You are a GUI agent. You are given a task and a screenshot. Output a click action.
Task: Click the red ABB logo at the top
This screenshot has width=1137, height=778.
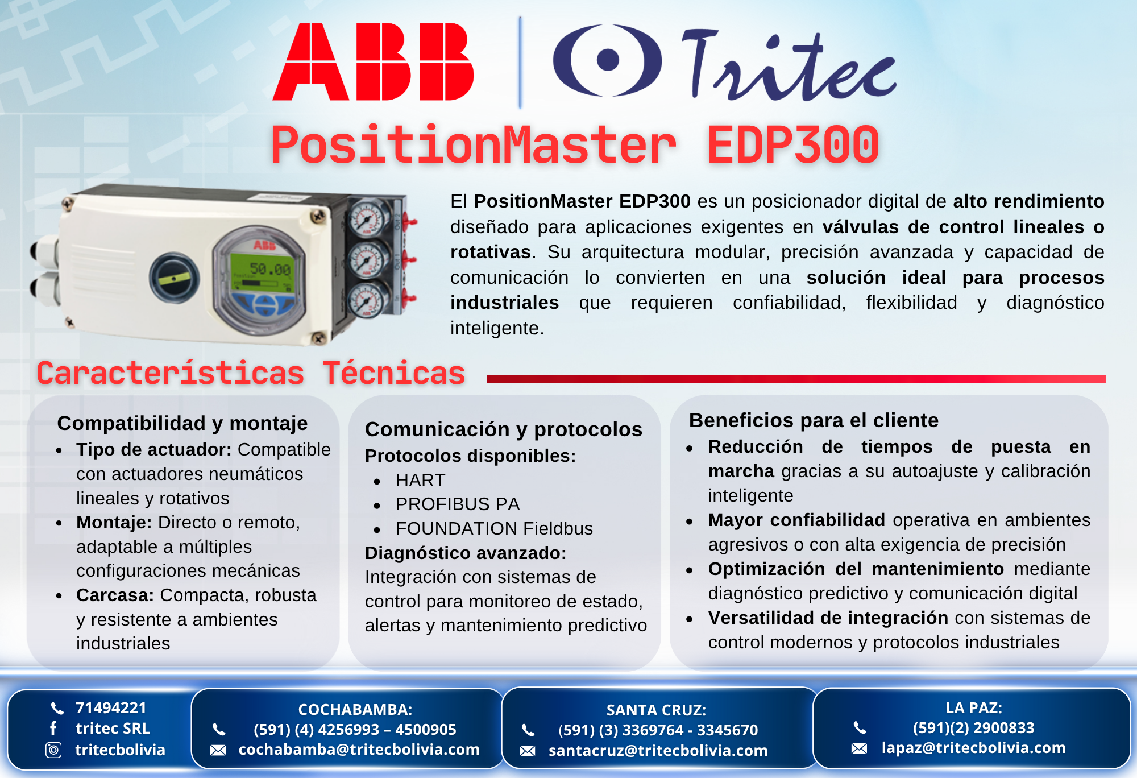tap(373, 61)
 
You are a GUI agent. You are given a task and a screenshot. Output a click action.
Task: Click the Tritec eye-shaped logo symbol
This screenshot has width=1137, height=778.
tap(607, 60)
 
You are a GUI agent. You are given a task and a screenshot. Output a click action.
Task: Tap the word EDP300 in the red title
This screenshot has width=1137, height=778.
tap(793, 145)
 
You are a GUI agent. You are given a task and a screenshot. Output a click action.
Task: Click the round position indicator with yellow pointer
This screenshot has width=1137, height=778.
tap(174, 278)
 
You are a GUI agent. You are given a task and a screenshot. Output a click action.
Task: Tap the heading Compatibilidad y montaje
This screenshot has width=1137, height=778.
tap(182, 423)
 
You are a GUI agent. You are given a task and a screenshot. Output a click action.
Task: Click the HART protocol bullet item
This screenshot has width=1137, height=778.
tap(421, 480)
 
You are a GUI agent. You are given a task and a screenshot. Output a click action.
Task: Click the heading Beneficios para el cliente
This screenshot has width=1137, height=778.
tap(814, 420)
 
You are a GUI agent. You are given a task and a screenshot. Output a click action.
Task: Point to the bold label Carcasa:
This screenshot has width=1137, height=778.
tap(115, 595)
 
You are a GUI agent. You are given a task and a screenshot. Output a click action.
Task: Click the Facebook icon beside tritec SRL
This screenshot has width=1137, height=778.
tap(53, 729)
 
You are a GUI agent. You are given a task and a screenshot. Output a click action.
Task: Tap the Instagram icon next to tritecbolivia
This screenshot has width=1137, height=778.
tap(53, 750)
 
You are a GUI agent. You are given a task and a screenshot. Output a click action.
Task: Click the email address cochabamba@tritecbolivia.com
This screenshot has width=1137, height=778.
tap(359, 750)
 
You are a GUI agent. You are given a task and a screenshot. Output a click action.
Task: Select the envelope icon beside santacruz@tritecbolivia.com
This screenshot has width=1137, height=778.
tap(528, 751)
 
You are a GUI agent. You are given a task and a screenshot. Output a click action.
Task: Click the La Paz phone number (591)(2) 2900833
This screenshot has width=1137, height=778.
tap(974, 728)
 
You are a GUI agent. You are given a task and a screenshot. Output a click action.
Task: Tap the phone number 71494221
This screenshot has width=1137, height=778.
tap(111, 708)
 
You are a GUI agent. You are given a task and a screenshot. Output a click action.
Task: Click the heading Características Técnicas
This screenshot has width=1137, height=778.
tap(251, 373)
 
